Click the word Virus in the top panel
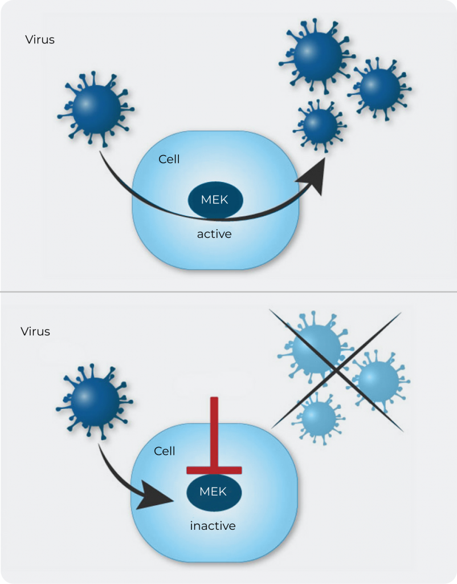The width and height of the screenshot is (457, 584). point(40,40)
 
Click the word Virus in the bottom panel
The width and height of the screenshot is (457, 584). point(35,331)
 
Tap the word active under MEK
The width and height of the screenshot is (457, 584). point(214,234)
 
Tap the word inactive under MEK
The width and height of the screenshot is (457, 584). point(213,526)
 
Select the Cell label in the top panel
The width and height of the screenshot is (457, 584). point(169,159)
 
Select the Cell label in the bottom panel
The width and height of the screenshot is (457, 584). point(165,451)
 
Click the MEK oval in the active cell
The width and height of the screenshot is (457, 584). point(215,200)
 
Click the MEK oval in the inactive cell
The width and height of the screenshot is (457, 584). point(214,492)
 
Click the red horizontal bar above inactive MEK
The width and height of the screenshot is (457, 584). point(214,470)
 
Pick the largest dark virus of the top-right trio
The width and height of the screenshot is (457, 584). point(317,55)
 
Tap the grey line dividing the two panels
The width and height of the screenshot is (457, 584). point(228,293)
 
